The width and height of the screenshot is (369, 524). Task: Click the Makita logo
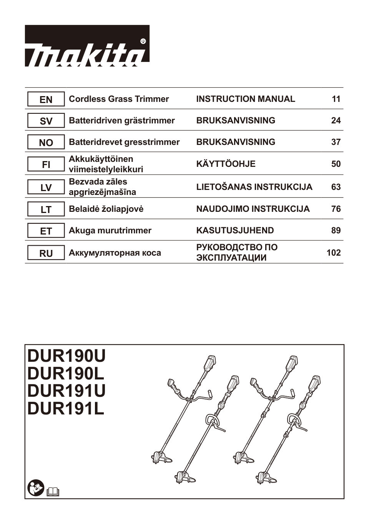(x=87, y=46)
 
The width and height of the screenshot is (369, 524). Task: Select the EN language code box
(x=46, y=100)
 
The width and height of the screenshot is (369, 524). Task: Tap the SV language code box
(x=46, y=121)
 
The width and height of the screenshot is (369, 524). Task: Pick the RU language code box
(x=46, y=253)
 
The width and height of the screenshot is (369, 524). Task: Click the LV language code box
(x=46, y=188)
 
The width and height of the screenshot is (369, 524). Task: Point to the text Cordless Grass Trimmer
(x=119, y=99)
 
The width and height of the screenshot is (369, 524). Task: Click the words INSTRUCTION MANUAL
(x=246, y=99)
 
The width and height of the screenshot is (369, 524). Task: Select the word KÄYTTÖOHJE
(x=226, y=164)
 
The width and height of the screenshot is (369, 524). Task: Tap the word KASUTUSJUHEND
(x=235, y=231)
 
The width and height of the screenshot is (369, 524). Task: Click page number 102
(x=333, y=253)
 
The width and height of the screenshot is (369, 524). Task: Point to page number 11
(x=336, y=99)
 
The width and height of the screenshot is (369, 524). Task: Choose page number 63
(x=336, y=187)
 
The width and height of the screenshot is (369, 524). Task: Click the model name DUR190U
(x=66, y=356)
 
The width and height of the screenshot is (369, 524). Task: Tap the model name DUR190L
(x=66, y=374)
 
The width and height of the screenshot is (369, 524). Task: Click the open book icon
(x=53, y=491)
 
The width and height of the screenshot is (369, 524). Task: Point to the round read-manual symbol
(x=36, y=488)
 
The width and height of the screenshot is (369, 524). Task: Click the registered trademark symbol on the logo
(x=143, y=41)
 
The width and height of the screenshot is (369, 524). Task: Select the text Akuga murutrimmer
(x=110, y=231)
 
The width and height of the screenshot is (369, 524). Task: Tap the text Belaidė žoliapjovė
(x=106, y=209)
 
